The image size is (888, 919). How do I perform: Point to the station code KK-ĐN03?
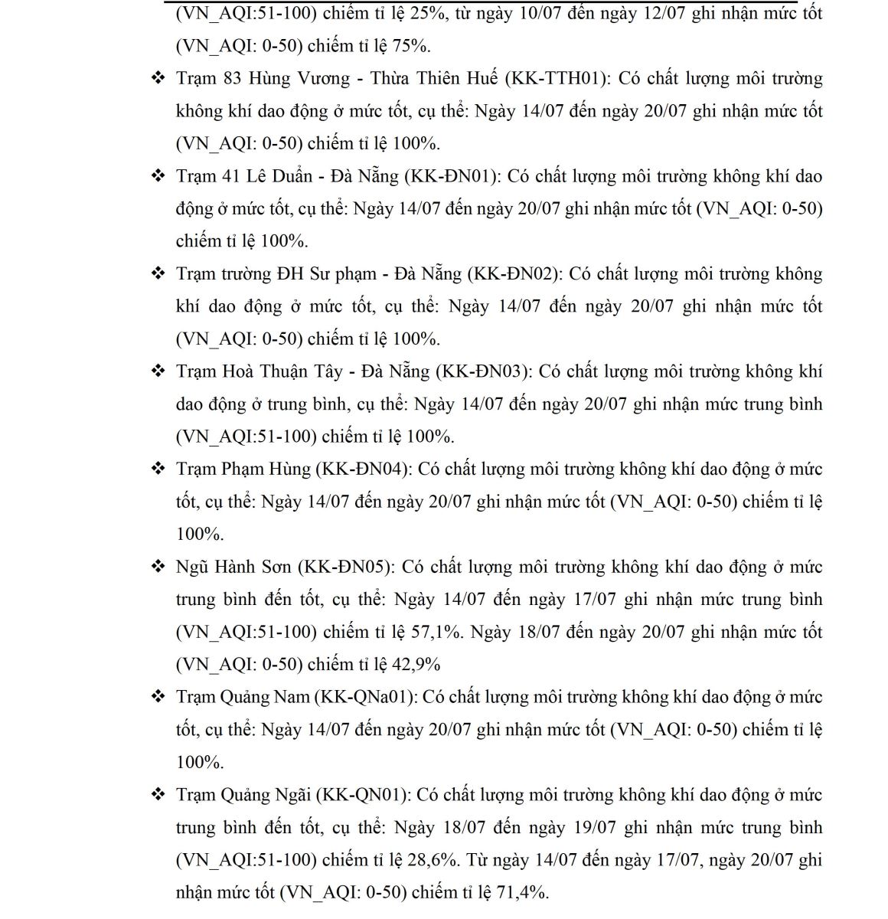[483, 371]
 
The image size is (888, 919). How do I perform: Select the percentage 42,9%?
[416, 665]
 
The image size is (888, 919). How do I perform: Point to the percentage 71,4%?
[524, 892]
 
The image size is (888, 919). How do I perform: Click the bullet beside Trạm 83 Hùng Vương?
[158, 78]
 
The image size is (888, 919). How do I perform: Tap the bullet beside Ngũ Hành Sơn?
[158, 567]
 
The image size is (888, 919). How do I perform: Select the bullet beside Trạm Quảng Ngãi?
[158, 794]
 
